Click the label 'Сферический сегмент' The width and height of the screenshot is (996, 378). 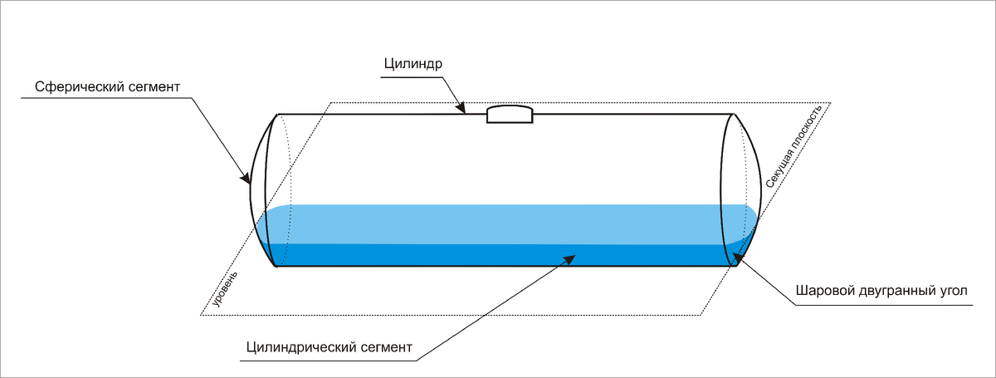pyautogui.click(x=108, y=86)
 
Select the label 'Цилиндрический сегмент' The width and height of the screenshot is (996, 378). pyautogui.click(x=330, y=346)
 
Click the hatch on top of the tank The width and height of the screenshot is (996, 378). pyautogui.click(x=510, y=115)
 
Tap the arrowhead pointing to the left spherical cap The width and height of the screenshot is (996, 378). pyautogui.click(x=246, y=176)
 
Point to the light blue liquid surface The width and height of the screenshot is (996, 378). pyautogui.click(x=498, y=224)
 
